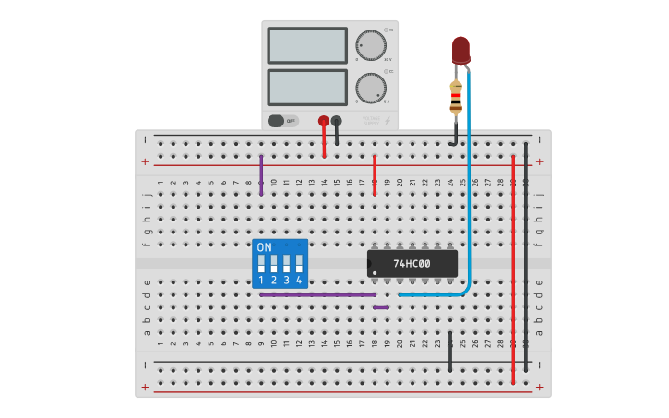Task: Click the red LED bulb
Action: point(460,49)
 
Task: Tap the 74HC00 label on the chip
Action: point(412,263)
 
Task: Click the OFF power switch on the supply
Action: point(283,121)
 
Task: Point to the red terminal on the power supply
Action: point(323,121)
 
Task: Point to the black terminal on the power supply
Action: point(336,121)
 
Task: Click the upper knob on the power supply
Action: point(371,45)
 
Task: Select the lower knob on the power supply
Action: point(371,88)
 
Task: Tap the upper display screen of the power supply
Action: point(306,45)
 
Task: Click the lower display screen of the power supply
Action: point(306,88)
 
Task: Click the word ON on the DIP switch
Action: point(265,247)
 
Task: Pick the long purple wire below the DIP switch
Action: point(318,294)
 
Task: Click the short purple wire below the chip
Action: point(380,307)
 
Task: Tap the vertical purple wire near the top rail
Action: point(261,174)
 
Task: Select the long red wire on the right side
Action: point(513,268)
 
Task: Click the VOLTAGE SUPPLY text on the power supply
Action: point(371,119)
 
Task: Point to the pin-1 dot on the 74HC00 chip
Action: point(373,272)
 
